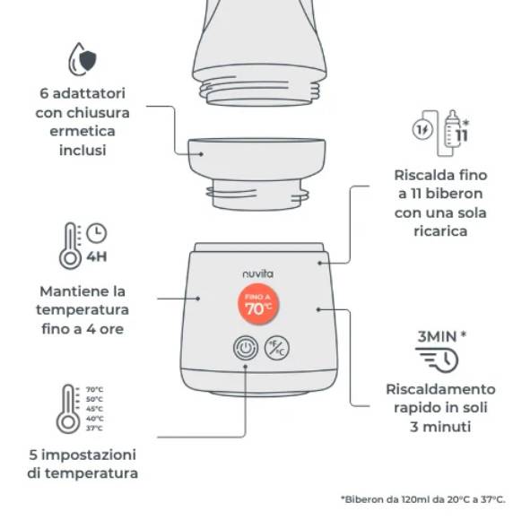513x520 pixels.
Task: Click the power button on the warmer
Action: click(245, 348)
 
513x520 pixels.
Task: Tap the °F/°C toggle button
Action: click(277, 348)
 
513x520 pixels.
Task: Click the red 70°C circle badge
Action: click(258, 304)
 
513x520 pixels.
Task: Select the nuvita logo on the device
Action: click(257, 273)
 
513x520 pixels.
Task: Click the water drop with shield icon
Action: click(82, 59)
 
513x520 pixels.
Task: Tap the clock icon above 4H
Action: click(97, 233)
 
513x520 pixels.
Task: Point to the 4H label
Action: click(97, 256)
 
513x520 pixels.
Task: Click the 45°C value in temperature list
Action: click(94, 409)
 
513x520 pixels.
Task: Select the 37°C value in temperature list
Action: click(94, 429)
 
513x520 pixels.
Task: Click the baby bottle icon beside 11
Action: click(451, 128)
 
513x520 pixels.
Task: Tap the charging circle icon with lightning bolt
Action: click(422, 129)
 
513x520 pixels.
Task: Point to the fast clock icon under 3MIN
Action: click(438, 360)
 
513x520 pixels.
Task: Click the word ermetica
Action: click(83, 131)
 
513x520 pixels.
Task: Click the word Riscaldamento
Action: click(440, 389)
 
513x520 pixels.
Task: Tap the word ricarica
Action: click(440, 231)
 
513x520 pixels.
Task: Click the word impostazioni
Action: click(89, 455)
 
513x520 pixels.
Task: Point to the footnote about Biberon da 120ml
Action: click(423, 499)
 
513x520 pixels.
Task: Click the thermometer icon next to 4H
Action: click(70, 246)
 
